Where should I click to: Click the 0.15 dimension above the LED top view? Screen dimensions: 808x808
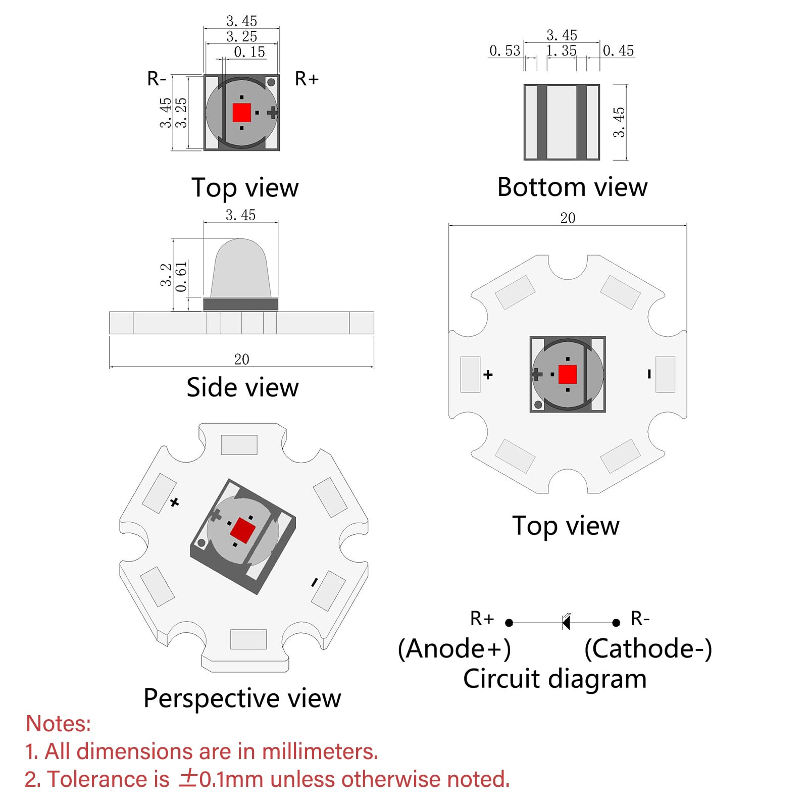249,52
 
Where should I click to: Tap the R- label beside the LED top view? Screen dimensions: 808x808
157,79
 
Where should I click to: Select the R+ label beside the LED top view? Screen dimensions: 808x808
307,79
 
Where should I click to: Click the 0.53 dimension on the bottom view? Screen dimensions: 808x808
504,50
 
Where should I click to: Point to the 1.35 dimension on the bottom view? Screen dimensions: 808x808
562,50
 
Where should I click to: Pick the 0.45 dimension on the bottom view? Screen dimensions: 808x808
618,50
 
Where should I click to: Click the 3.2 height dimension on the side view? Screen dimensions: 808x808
166,275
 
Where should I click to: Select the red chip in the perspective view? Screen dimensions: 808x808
243,530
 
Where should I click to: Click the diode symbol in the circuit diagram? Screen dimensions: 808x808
566,622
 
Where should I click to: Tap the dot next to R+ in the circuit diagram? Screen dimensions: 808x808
509,623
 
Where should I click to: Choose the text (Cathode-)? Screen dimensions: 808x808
648,649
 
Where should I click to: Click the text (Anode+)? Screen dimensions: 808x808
454,649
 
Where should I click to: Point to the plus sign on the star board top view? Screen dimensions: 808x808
488,375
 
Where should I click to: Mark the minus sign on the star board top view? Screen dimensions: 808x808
649,374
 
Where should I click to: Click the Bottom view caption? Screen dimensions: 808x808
572,187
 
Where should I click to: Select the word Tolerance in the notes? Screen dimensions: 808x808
108,779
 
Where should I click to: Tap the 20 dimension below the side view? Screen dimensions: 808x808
241,360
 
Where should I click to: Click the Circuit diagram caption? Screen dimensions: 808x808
555,679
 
